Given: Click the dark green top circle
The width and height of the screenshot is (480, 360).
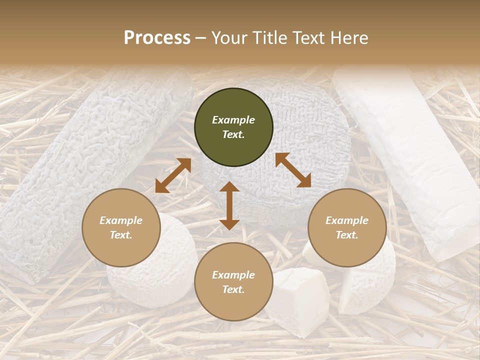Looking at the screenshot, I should point(233,127).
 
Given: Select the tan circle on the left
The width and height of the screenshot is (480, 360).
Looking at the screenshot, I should point(121,228).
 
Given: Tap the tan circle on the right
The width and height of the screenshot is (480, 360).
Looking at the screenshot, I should point(347,228).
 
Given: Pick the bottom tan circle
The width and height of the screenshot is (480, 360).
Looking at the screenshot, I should point(233,282).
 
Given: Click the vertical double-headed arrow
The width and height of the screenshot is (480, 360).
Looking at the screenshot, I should point(229,205).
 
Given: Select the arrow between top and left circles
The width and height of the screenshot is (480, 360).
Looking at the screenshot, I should point(173,175).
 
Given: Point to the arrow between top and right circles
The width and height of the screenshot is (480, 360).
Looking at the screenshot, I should point(293,170).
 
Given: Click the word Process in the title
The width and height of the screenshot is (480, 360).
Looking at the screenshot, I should point(157,38).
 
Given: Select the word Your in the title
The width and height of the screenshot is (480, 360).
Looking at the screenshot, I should point(230,38).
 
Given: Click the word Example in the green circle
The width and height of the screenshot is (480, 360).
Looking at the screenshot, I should point(233,120).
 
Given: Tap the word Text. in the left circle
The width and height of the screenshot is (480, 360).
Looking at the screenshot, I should point(121,235).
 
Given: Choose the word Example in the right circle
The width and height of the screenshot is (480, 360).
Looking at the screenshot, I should point(347,220).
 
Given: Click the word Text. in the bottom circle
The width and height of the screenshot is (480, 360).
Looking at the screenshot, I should point(233,289).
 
